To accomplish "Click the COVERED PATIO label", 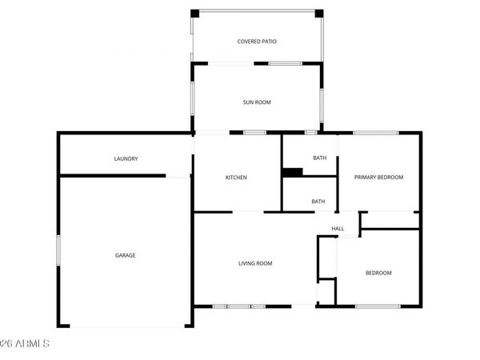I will click(x=257, y=42).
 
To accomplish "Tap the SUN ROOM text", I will click(x=257, y=102).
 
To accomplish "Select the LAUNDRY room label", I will click(x=126, y=159).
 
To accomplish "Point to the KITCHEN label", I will click(x=235, y=178).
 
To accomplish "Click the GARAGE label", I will click(x=125, y=256).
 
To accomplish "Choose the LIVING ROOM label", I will click(x=256, y=263).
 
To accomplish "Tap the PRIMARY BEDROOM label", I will click(x=379, y=178).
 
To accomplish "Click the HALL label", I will click(x=338, y=230).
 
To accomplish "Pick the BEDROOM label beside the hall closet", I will click(x=378, y=274).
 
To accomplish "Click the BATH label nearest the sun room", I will click(x=319, y=158).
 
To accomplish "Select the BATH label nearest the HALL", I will click(x=318, y=202).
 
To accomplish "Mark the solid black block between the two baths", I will click(x=292, y=171).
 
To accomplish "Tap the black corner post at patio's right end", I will click(x=318, y=14).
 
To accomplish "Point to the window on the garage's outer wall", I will click(x=58, y=247).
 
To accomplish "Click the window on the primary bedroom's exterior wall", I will click(x=375, y=133).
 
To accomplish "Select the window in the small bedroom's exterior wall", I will click(x=378, y=306).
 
